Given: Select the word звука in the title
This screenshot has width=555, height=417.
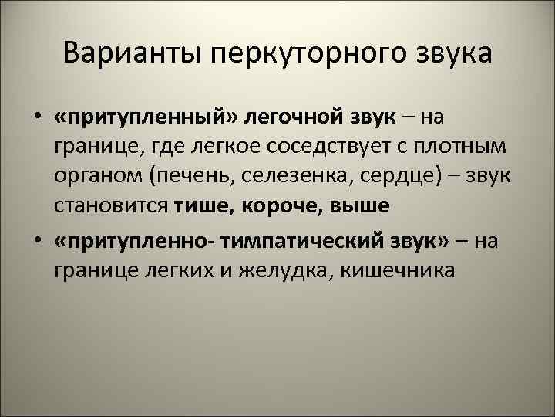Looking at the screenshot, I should (x=452, y=55).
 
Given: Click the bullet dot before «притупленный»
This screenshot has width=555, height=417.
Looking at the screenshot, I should (x=37, y=117).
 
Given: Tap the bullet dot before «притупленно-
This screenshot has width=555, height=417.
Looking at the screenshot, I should (x=37, y=242).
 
